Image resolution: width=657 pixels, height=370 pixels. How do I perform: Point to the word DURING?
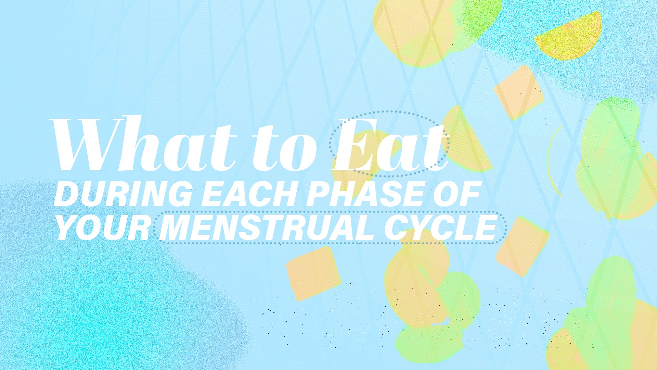tap(123, 194)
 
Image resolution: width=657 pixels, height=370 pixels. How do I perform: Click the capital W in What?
tap(86, 144)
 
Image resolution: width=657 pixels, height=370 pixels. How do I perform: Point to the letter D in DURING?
tap(66, 194)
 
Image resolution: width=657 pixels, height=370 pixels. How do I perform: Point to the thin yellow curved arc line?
tap(552, 161)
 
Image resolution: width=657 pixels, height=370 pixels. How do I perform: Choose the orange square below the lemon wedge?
tap(518, 92)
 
